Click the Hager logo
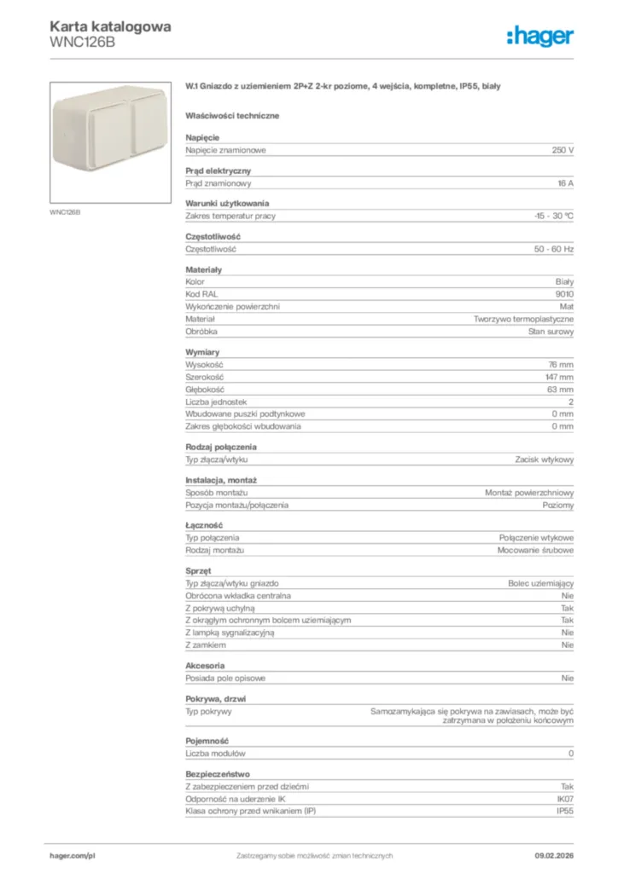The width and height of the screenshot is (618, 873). [x=539, y=35]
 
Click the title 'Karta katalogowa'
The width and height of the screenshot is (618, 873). [x=110, y=26]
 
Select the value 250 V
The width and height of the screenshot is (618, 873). [x=563, y=150]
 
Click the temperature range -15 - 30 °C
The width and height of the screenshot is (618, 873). [x=553, y=216]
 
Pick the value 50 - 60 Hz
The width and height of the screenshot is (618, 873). [x=554, y=249]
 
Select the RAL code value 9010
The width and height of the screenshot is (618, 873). [x=564, y=293]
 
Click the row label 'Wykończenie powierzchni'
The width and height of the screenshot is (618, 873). [x=232, y=306]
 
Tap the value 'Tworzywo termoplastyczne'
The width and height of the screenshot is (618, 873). [x=523, y=319]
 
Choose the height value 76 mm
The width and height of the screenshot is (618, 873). [x=561, y=364]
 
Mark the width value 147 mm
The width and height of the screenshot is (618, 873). [x=559, y=377]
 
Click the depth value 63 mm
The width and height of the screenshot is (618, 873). [x=561, y=389]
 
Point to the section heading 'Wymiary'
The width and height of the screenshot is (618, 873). [x=202, y=351]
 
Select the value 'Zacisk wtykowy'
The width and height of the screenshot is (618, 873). [x=544, y=460]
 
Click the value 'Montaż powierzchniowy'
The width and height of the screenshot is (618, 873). [x=529, y=493]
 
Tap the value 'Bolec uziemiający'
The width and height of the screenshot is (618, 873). [x=540, y=582]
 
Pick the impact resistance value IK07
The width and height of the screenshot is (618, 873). [x=564, y=799]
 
